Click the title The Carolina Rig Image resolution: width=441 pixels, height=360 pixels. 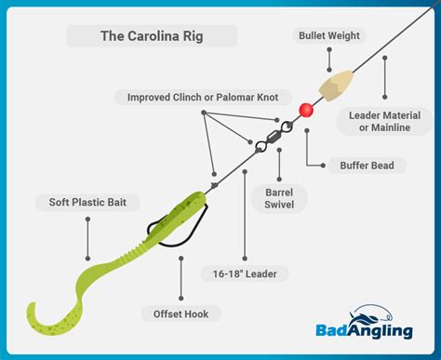coord(152,36)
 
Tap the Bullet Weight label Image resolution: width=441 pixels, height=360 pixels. coord(330,36)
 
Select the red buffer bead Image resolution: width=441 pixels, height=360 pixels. coord(305,110)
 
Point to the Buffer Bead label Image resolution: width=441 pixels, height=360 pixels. coord(367,166)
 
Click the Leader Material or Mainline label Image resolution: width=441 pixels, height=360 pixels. coord(387,120)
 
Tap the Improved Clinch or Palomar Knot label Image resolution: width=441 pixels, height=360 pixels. coord(203,96)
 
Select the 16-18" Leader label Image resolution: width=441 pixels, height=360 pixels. coord(245,273)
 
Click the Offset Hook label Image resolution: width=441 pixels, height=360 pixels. coord(180,313)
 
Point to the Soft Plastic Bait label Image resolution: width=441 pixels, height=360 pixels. coord(87,202)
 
